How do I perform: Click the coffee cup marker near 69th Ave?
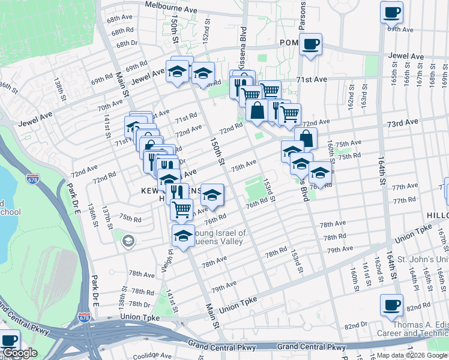point(391,12)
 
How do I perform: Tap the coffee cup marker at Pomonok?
point(310,44)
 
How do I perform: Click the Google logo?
point(19,353)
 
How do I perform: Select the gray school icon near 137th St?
point(127,241)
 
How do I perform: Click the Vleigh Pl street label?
point(166,261)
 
